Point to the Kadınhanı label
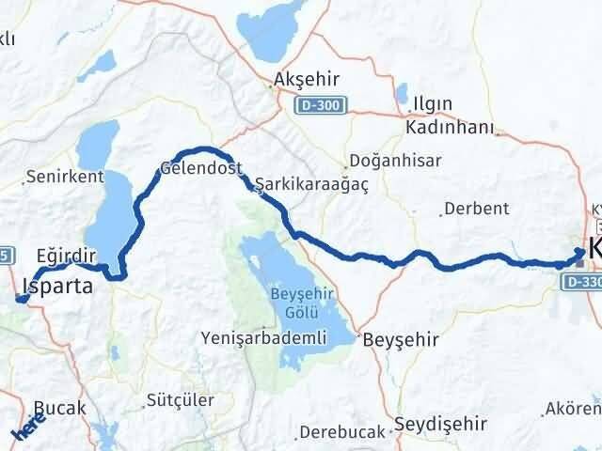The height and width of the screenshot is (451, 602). (442, 126)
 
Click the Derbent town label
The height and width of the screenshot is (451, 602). (476, 208)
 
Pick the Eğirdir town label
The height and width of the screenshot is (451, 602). (66, 255)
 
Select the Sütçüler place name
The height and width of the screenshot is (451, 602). (182, 400)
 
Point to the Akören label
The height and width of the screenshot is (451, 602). (577, 410)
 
